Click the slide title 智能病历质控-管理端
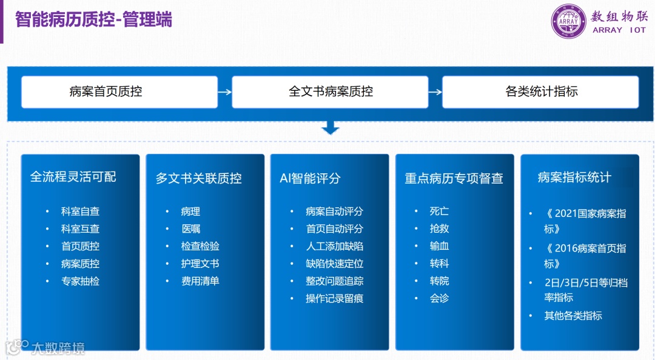click(94, 19)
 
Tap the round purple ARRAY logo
click(569, 21)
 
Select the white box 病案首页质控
click(119, 92)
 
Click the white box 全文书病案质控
click(330, 92)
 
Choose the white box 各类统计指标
click(540, 92)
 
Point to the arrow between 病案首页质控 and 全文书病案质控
click(224, 92)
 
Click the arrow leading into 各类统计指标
click(435, 92)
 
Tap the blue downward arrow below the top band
click(331, 128)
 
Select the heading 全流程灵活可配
click(73, 177)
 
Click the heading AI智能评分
click(310, 178)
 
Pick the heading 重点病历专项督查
click(454, 179)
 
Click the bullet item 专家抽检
click(80, 281)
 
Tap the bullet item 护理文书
click(200, 264)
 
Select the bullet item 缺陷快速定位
click(334, 264)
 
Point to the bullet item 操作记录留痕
click(334, 299)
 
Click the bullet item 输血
click(439, 246)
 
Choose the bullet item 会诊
click(439, 299)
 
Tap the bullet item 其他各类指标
click(573, 316)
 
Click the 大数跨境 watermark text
click(58, 348)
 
